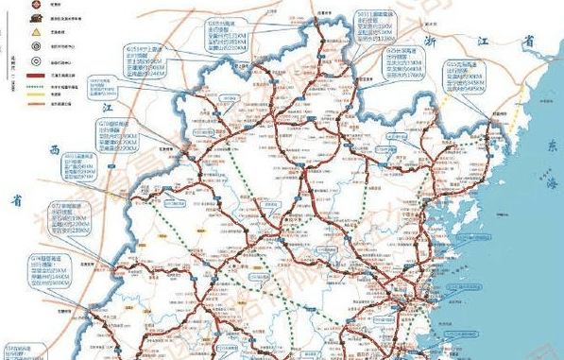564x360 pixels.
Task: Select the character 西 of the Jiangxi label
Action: [x=54, y=149]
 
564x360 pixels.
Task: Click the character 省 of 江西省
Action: [x=16, y=199]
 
